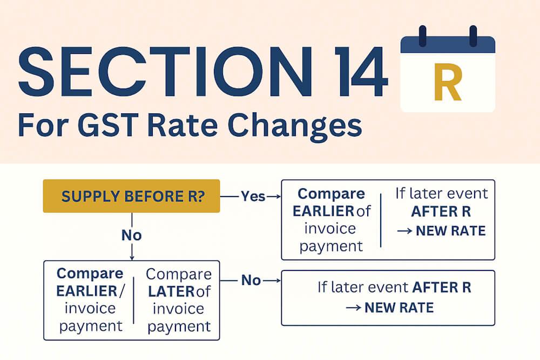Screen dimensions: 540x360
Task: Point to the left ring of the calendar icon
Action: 423,36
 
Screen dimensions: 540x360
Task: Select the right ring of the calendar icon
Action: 473,36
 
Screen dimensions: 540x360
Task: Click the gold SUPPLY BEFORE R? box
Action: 132,196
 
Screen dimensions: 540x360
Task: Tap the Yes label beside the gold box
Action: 253,196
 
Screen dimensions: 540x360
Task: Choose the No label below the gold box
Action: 132,235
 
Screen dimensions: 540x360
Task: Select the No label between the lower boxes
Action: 251,281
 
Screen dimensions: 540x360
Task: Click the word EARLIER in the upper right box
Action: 323,212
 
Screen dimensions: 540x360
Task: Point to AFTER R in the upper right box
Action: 441,212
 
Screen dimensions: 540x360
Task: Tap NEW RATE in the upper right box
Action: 451,230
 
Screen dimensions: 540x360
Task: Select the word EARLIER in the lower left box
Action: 87,291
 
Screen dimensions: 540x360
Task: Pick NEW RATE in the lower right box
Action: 399,308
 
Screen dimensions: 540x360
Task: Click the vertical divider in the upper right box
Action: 381,220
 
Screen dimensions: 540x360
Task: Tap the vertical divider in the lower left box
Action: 133,300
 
